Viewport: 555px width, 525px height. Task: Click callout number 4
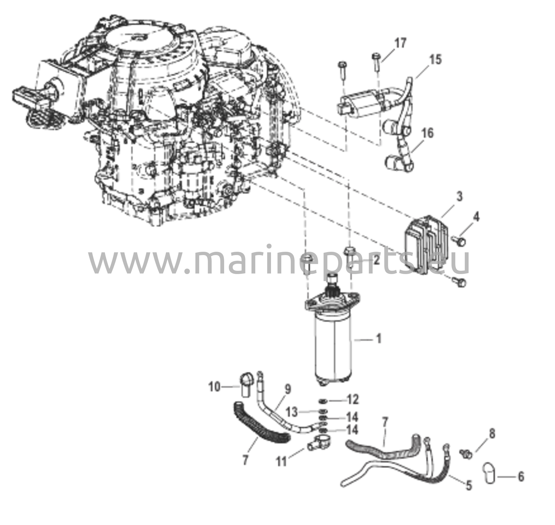click(x=476, y=217)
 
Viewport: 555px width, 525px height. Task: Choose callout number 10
click(x=215, y=387)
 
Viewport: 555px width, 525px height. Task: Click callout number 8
click(x=492, y=434)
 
